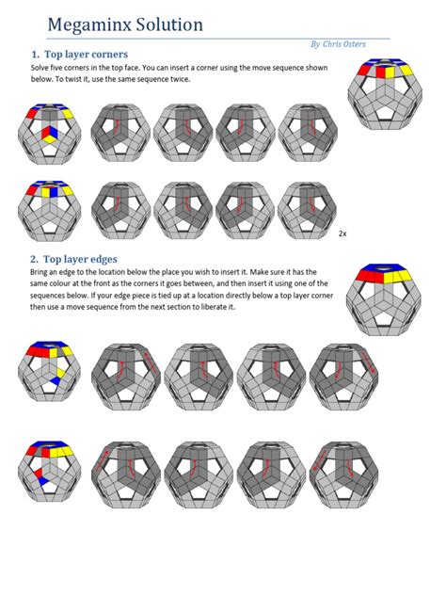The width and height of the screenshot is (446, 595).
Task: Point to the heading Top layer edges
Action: [75, 258]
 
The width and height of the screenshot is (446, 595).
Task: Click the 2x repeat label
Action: [343, 233]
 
